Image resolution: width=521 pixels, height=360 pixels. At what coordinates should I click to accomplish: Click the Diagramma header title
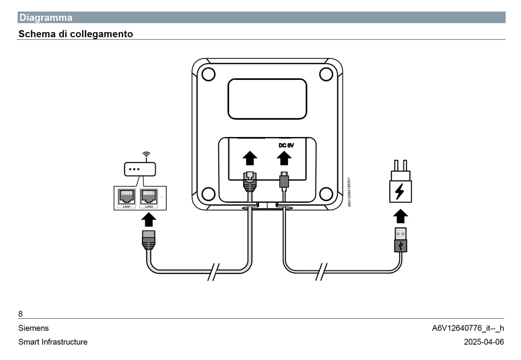coord(46,18)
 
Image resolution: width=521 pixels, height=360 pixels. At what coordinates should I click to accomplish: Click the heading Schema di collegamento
coord(76,34)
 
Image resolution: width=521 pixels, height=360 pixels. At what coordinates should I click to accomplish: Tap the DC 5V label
coord(286,145)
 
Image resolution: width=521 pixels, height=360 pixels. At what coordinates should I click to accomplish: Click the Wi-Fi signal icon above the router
coord(147,154)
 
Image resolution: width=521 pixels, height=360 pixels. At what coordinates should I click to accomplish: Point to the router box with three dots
coord(139,169)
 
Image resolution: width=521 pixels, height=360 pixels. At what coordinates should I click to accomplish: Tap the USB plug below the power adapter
coord(401,240)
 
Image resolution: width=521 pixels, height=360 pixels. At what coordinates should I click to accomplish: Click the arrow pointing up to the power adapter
coord(401,216)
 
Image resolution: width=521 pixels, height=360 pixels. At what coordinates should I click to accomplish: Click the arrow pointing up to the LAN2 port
coord(149,219)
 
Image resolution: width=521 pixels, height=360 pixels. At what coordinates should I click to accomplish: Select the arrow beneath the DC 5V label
coord(284,158)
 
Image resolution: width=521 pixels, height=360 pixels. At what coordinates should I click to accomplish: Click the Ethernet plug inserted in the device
coord(249,181)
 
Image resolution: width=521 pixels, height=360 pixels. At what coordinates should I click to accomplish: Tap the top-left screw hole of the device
coord(208,74)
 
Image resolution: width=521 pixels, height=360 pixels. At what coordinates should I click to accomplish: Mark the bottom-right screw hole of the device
coord(326,194)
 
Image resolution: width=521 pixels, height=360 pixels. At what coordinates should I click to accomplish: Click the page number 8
coord(20,314)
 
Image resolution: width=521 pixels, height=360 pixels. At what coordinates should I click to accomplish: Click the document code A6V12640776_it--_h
coord(468,328)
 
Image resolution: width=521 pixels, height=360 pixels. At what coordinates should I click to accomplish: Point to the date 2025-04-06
coord(484,342)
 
